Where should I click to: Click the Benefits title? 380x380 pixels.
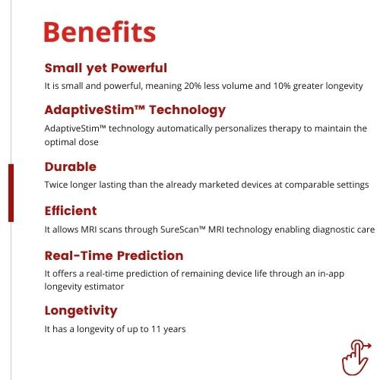100,32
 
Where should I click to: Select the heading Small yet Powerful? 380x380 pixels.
106,68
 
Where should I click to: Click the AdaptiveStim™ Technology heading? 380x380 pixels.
135,110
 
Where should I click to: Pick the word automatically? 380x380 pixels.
185,128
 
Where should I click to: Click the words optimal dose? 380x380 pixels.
71,142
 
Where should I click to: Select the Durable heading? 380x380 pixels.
71,166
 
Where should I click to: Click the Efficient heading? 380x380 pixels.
71,211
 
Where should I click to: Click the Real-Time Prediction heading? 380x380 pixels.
114,255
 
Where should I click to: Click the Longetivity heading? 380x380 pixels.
81,311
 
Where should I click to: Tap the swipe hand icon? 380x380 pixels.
356,357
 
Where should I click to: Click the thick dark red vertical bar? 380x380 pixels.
11,193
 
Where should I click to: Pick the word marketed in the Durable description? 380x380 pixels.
219,185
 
